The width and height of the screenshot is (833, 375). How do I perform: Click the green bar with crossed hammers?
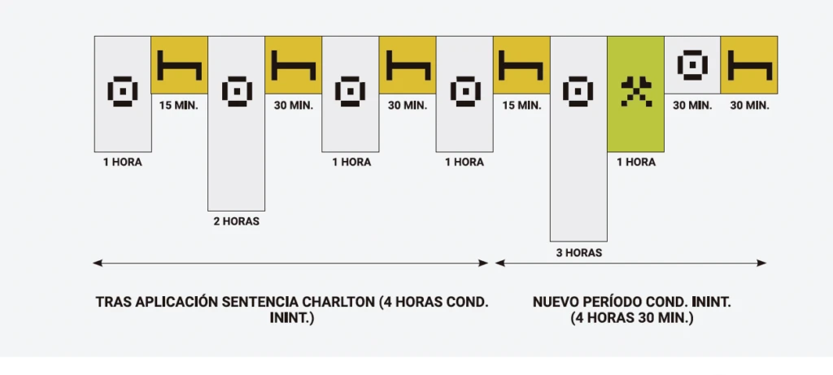635,94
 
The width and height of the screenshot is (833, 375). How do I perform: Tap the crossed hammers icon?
636,91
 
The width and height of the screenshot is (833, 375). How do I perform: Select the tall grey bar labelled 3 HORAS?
578,138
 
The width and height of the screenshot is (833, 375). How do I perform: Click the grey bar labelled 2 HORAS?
237,123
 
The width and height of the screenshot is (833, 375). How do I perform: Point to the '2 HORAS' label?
237,221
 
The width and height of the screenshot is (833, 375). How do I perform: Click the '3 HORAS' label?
579,253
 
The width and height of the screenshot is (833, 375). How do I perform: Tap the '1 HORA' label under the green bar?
636,162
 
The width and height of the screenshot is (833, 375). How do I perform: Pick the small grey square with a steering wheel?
692,65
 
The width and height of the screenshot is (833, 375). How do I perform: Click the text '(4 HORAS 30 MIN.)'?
631,318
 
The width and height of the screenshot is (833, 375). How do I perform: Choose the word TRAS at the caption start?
114,303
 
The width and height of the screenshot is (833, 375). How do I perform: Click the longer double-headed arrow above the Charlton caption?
290,263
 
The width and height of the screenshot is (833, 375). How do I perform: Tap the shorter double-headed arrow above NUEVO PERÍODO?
630,263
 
